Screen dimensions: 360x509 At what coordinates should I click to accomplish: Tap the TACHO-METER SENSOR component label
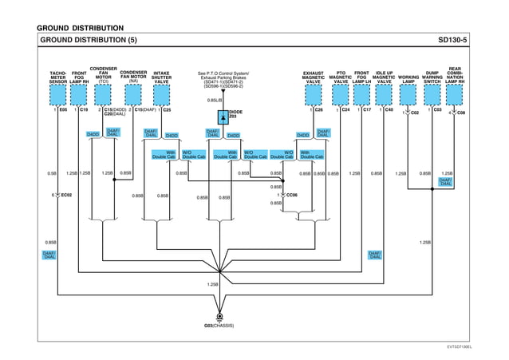[x=58, y=77]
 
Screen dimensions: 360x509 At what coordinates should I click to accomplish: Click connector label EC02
[x=66, y=195]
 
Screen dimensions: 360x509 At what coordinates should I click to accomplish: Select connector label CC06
[x=291, y=195]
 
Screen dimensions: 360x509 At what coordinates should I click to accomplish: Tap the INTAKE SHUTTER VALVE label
[x=161, y=77]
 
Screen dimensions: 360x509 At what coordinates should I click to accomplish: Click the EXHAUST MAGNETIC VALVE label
[x=314, y=77]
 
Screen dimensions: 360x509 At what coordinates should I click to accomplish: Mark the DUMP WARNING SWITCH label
[x=432, y=77]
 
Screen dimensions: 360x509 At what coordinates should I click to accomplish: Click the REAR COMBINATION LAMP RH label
[x=456, y=75]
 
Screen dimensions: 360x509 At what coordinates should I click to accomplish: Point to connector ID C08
[x=461, y=113]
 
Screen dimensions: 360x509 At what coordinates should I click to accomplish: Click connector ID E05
[x=63, y=110]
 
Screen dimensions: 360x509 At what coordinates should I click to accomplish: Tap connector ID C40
[x=389, y=110]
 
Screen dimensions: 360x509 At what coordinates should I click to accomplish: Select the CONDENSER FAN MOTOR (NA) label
[x=133, y=77]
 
